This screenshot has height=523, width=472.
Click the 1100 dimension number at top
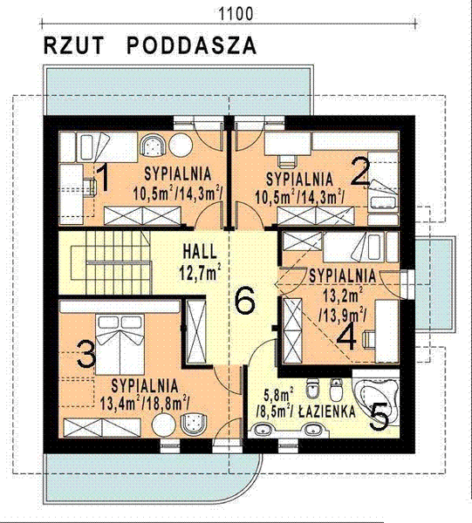pos(236,12)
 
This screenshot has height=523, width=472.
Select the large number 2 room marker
pos(360,171)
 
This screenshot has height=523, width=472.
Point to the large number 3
pos(86,354)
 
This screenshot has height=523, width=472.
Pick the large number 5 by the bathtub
pos(379,416)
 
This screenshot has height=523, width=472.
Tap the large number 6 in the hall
pos(245,302)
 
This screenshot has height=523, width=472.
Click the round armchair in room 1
pos(154,146)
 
